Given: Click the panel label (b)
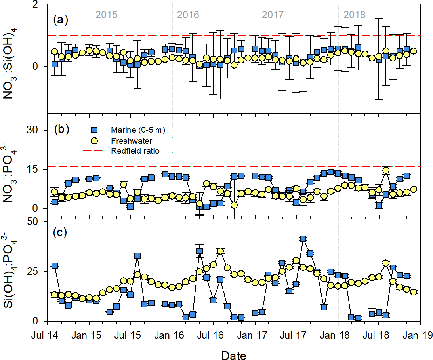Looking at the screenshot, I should pos(61,129).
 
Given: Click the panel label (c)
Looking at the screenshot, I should pos(61,233).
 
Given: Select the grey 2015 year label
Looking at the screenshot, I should pos(107,15).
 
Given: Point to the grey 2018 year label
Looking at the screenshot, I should pos(355,15).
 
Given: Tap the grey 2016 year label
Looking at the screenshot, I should pos(188,15).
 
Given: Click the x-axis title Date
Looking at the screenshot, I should pos(234,355).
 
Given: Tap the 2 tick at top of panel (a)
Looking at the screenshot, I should pos(35,5).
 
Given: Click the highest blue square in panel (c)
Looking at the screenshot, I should pos(303,239).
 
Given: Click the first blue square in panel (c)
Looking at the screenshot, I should pos(55,265).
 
